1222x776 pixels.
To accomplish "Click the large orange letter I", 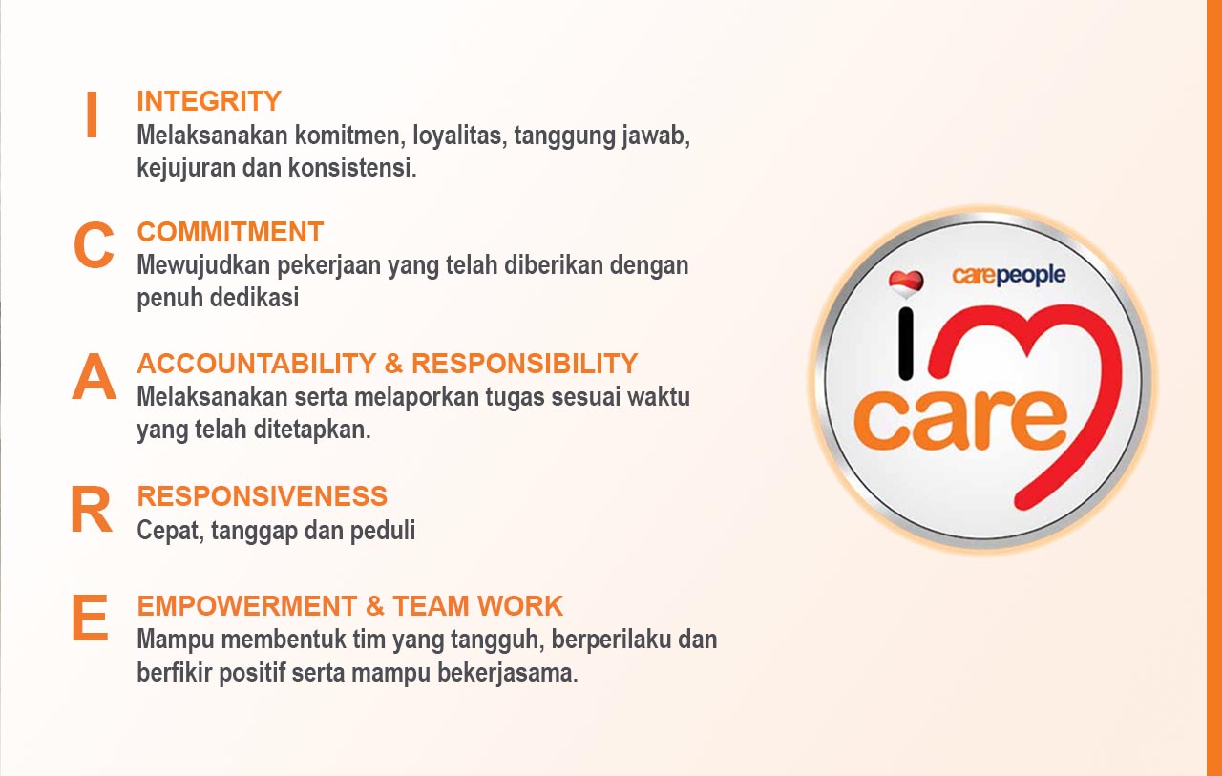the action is click(92, 115).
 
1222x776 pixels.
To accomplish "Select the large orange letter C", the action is click(94, 245).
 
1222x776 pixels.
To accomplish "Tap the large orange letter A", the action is click(94, 376).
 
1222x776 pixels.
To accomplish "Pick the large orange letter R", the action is click(91, 509).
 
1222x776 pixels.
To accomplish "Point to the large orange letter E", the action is click(90, 618).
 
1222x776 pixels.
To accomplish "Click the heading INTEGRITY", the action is click(209, 101).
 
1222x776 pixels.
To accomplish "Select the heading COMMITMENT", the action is click(230, 232).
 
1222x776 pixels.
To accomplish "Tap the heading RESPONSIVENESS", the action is click(262, 496).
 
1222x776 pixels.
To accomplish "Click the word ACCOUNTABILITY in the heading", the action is click(257, 364).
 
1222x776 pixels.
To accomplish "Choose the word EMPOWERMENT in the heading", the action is click(247, 606).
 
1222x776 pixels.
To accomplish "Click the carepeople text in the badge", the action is click(1009, 276).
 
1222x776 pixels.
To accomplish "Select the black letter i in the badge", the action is click(906, 344).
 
